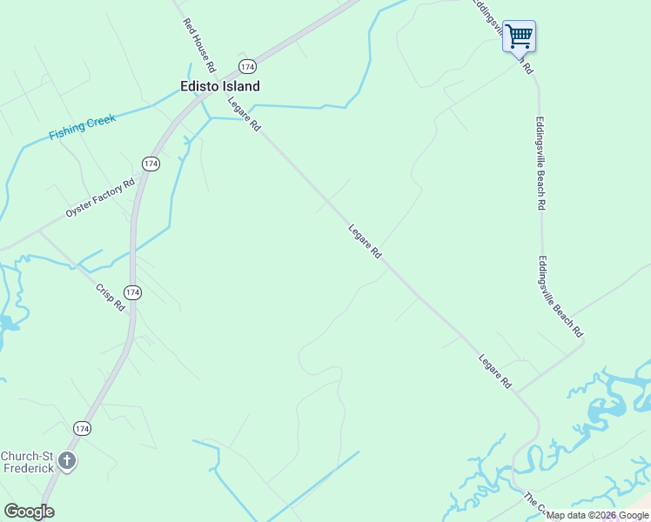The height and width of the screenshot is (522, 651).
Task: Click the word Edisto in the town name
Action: tap(198, 87)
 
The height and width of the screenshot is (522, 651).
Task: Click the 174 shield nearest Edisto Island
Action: tap(248, 66)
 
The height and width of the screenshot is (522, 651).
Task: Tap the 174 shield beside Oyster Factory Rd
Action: tap(151, 164)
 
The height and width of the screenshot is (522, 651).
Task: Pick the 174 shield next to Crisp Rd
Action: tap(131, 292)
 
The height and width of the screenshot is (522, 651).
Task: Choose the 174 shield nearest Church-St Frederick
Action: tap(82, 428)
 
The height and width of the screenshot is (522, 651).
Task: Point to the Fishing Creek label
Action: tap(82, 127)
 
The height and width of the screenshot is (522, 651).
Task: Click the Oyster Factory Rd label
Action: tap(101, 198)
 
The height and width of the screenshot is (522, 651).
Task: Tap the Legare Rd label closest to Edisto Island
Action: tap(245, 114)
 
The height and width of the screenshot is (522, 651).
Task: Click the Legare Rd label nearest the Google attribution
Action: tap(494, 371)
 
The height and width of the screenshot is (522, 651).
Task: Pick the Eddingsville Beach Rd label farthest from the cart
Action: tap(560, 297)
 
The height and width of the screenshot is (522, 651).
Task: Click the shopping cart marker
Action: tap(519, 37)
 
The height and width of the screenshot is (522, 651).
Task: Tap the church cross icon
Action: tap(67, 461)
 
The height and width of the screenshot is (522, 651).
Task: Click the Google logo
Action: tap(29, 512)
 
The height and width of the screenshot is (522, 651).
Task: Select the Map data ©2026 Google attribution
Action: tap(598, 515)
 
